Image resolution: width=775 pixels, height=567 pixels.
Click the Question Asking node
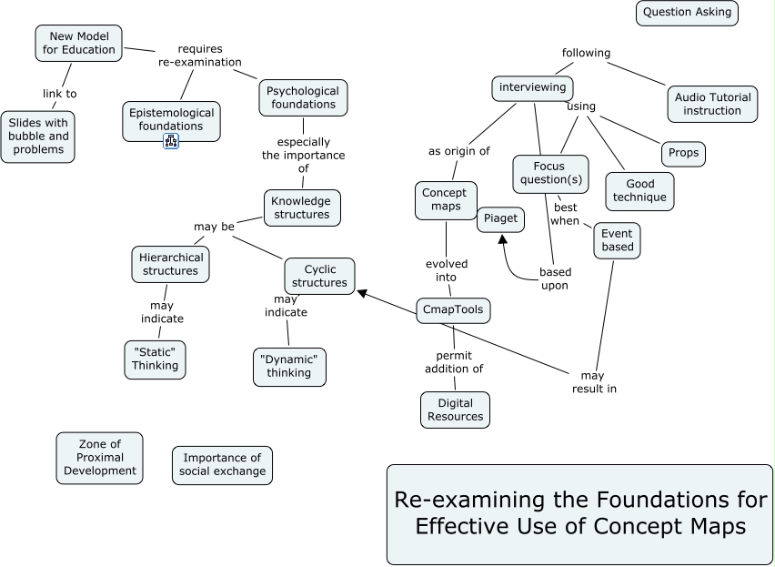point(687,13)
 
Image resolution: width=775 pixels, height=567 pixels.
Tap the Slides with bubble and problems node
point(38,137)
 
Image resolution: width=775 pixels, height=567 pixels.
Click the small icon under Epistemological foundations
point(170,140)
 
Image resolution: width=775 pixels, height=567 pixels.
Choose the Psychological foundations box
point(303,97)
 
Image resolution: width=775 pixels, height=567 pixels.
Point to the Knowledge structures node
point(302,208)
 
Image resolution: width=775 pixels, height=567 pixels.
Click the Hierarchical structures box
point(170,263)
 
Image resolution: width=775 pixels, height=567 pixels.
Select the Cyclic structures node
point(319,276)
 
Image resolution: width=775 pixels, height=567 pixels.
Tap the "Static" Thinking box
point(155,359)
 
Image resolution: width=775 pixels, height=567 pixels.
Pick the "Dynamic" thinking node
point(288,366)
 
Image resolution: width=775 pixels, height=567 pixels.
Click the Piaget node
point(500,218)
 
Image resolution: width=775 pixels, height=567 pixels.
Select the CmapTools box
point(453,310)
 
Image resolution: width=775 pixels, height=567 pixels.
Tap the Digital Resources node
point(455,410)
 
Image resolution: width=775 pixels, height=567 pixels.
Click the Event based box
point(617,240)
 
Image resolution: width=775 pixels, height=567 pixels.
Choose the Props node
point(683,153)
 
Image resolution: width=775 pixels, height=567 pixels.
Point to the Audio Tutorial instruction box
point(712,104)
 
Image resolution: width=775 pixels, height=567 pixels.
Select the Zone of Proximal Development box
point(99,457)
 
